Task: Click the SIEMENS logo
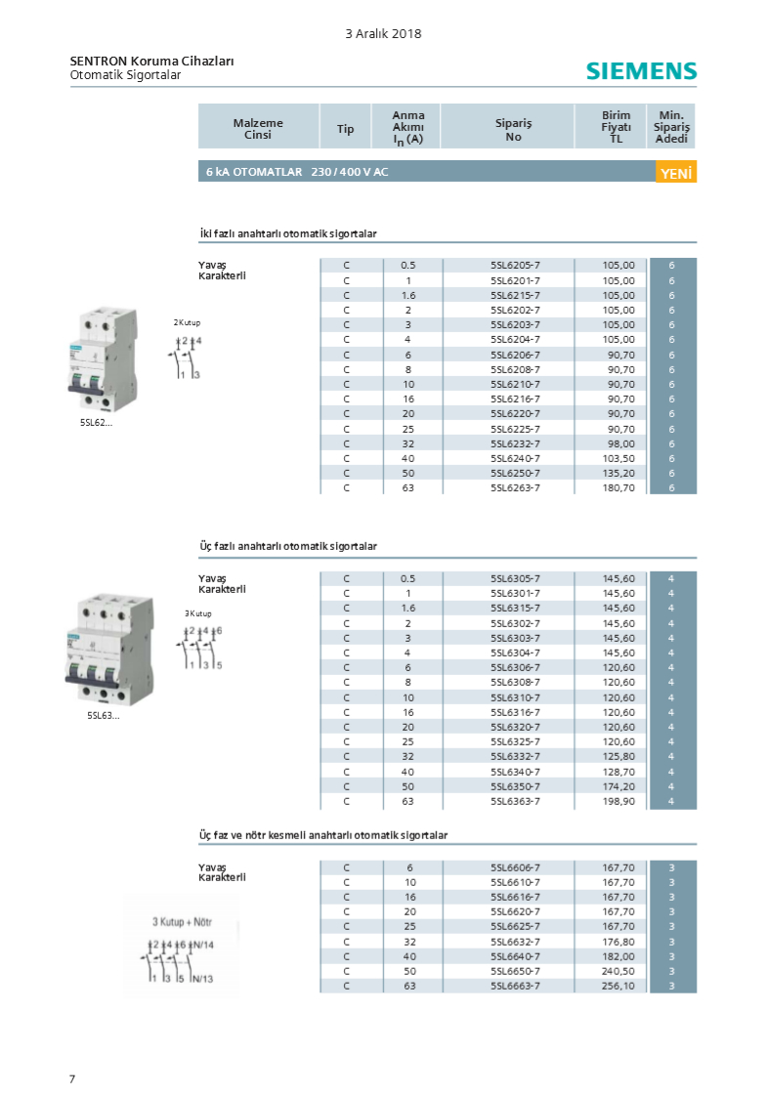tap(641, 71)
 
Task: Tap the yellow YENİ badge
tap(676, 172)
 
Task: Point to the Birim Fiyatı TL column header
tap(617, 127)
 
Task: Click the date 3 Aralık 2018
tap(383, 33)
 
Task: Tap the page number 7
tap(72, 1078)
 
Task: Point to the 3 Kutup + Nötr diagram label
tap(182, 921)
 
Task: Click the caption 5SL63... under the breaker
tap(103, 715)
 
